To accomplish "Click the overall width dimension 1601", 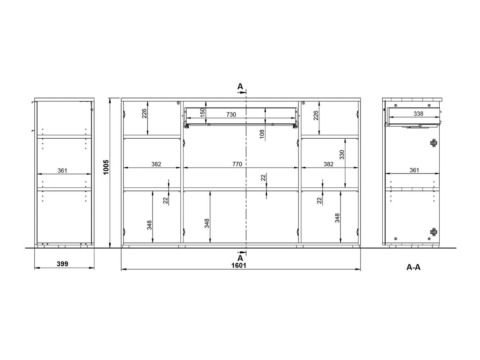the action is click(238, 266).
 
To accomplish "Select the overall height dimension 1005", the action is click(106, 167).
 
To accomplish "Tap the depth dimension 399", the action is click(62, 264).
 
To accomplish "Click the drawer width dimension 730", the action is click(231, 115).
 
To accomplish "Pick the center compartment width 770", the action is click(237, 164).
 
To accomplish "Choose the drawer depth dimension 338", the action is click(418, 114).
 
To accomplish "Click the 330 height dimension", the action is click(342, 155).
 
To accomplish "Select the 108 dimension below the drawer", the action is click(262, 134).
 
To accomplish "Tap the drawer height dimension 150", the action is click(202, 113).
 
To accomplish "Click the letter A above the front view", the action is click(240, 87).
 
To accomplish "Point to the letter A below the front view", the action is click(240, 258).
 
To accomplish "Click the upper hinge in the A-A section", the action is click(433, 143).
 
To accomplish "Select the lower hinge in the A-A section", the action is click(433, 232).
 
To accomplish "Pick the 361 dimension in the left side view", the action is click(62, 171).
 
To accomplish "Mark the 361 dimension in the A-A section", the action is click(414, 170).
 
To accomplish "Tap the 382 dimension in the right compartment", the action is click(328, 164).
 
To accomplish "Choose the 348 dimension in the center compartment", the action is click(207, 223).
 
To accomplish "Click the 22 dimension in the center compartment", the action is click(263, 177).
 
